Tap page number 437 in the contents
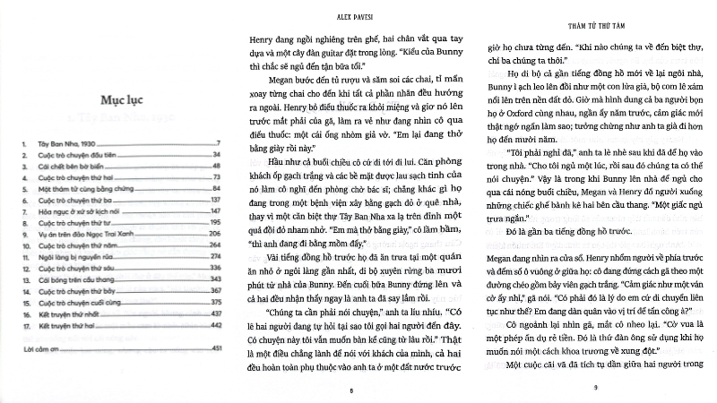coord(215,315)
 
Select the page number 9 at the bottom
coord(594,387)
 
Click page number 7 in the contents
coord(218,143)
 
